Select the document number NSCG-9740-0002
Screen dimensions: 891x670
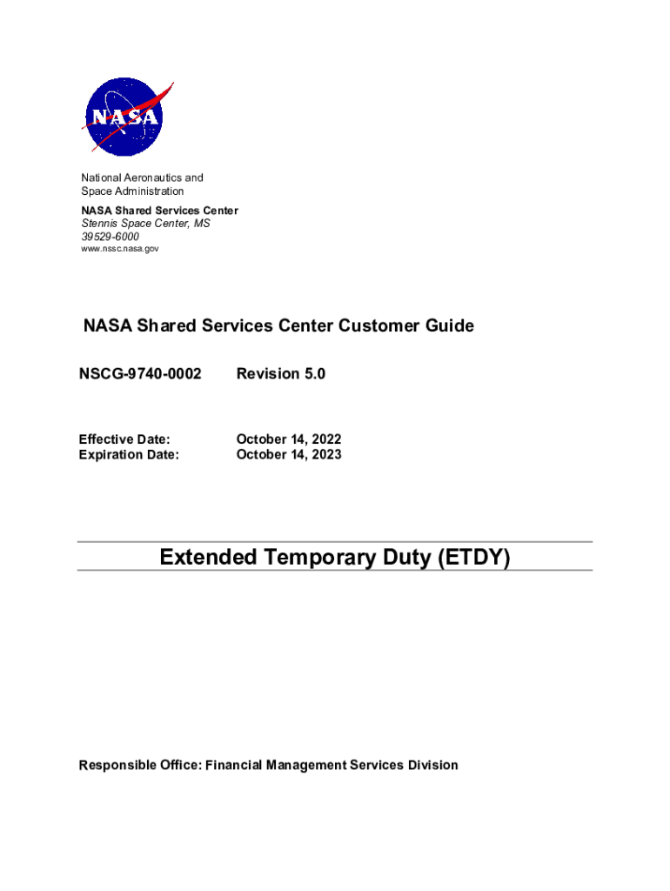point(140,374)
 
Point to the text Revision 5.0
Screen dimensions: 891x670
point(280,374)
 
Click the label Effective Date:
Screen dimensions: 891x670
point(124,440)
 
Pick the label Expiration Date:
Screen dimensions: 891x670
point(129,454)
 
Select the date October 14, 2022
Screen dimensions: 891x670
point(289,440)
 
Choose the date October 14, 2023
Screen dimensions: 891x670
point(289,454)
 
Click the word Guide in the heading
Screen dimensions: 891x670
point(448,326)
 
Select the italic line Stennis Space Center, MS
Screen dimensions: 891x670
point(145,224)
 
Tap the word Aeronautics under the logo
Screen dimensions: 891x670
point(155,178)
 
